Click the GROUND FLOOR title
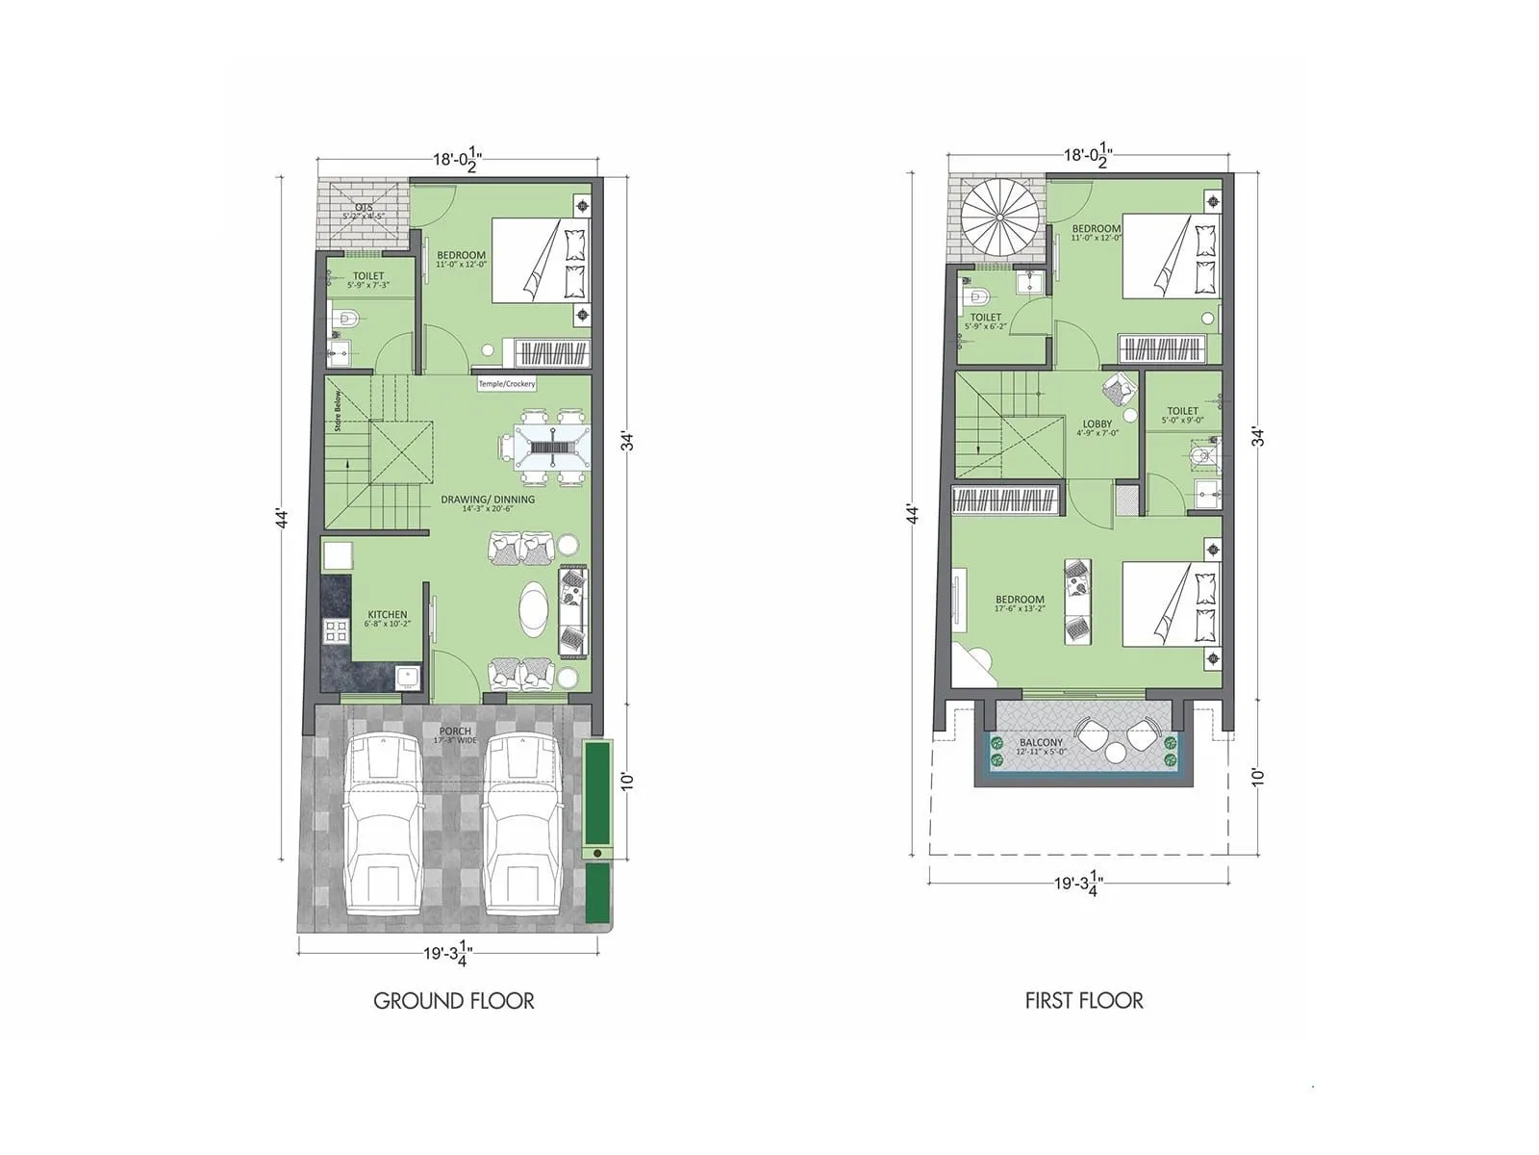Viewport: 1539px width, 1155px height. [453, 1001]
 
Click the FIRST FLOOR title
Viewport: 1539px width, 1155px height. [1084, 1001]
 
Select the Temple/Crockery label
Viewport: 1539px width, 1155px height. [507, 384]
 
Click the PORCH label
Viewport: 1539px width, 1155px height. [455, 734]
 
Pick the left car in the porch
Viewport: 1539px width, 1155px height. [384, 823]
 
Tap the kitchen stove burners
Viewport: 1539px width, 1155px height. [336, 631]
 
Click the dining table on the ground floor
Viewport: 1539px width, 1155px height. [551, 448]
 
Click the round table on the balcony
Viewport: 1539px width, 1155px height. [1115, 752]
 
